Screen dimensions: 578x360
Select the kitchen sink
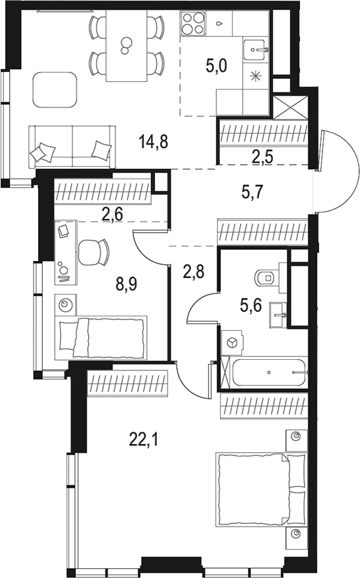pos(255,47)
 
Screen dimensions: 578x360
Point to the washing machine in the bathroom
pos(231,342)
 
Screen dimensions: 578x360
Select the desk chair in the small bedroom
pos(94,252)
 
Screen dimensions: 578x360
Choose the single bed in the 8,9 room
pos(101,337)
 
